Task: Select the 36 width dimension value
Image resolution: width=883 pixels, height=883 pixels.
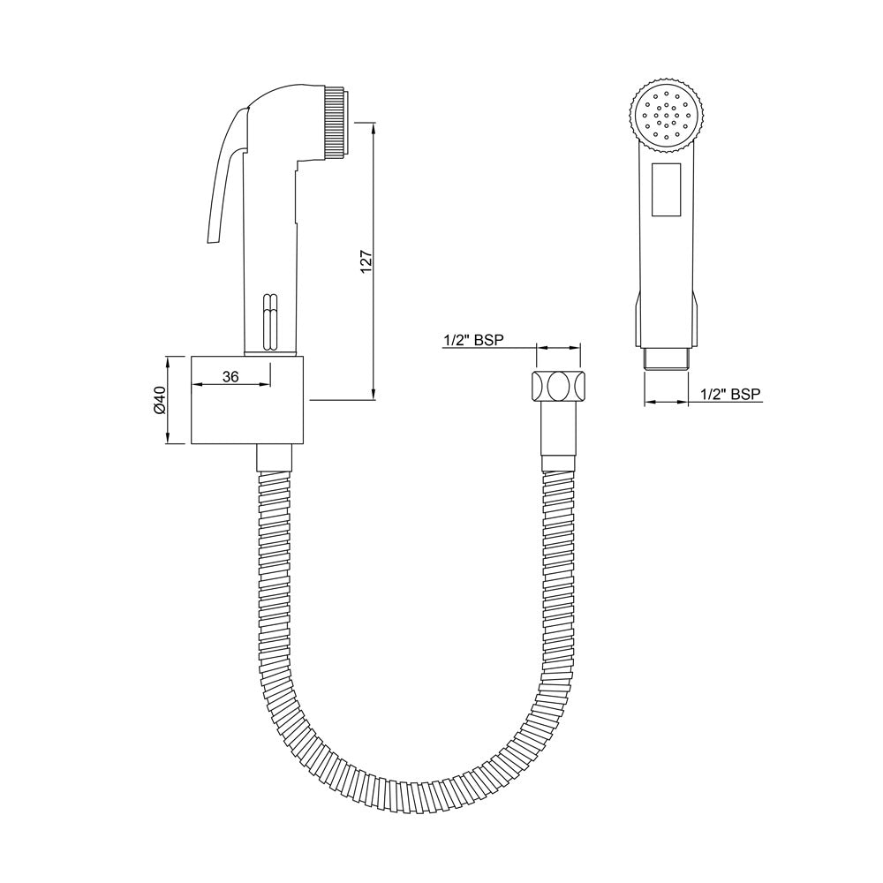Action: pos(230,376)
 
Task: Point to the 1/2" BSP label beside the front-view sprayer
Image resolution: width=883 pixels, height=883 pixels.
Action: pos(730,394)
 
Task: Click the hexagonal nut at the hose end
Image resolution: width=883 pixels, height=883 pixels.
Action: pos(558,387)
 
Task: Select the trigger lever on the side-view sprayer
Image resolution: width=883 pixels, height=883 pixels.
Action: pos(220,177)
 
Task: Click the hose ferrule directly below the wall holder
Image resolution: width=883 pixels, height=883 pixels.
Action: pos(273,458)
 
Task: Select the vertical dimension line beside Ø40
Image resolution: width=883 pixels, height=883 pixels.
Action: pos(169,399)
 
